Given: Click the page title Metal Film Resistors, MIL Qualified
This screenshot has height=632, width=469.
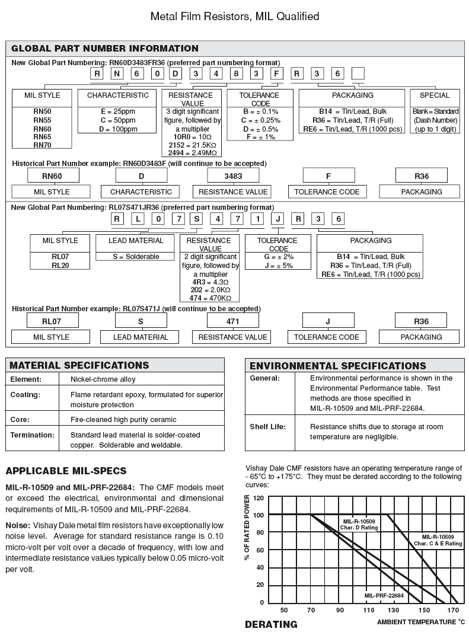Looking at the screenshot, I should coord(235,16).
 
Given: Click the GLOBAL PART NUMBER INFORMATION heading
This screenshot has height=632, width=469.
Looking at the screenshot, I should coord(105,49).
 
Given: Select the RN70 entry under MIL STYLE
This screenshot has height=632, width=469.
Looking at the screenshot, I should coord(42,145).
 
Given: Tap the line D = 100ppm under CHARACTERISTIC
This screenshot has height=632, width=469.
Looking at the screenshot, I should coord(117,129).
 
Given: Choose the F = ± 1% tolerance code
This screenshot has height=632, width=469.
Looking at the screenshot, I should coord(259,137).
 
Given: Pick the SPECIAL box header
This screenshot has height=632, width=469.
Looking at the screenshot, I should coord(435,95).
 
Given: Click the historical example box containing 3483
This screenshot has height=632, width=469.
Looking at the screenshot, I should coord(233,176).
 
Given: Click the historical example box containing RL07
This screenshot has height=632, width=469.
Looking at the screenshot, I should coord(52,321).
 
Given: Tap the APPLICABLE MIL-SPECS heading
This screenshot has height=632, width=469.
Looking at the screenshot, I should coord(66,471).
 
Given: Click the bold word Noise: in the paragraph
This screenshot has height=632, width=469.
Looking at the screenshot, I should coord(18,525).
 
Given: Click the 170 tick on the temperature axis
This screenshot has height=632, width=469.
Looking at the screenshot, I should coord(453,611).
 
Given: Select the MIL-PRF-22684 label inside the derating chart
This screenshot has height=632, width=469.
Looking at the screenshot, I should coord(384,595).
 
